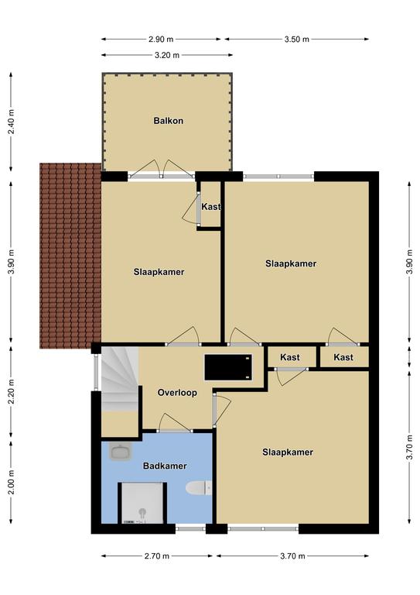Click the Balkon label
168,121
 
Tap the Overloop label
177,393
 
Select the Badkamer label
165,466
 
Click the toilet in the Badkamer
199,487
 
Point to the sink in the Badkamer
120,452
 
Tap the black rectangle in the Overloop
228,367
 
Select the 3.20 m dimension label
167,55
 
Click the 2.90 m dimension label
161,39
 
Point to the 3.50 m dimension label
296,39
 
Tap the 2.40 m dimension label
12,122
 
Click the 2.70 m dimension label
157,556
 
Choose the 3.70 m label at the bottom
292,556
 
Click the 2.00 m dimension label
12,482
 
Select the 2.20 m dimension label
12,391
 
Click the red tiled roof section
70,256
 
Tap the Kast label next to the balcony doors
211,207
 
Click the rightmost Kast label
343,357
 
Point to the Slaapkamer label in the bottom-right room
288,452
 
